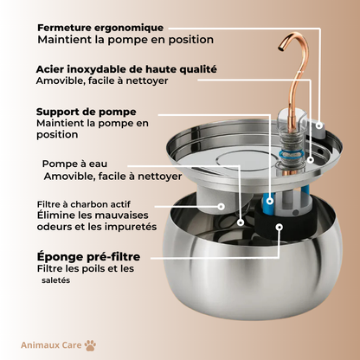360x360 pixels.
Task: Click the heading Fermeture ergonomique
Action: (100, 28)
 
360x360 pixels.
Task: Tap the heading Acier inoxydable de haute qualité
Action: (126, 68)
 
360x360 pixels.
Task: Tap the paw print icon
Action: (91, 345)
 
